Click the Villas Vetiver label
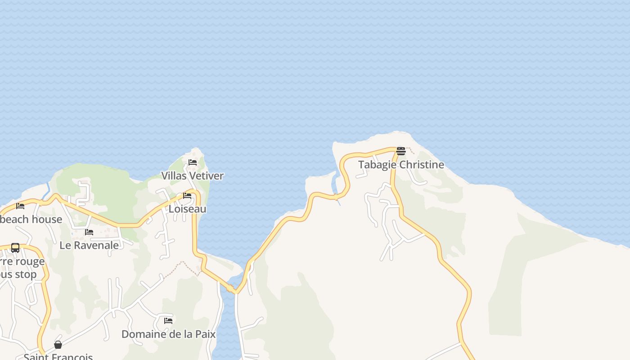click(193, 176)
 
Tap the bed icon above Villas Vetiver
click(193, 162)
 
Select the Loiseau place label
click(187, 209)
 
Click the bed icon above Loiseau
click(187, 196)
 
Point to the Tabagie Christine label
click(401, 165)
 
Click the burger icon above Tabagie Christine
click(401, 151)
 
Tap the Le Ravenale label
click(89, 246)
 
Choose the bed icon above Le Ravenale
click(89, 232)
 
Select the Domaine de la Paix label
click(168, 334)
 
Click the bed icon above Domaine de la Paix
click(168, 321)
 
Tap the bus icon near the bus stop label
click(15, 248)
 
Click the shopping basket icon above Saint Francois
click(58, 345)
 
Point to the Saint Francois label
click(58, 356)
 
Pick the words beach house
click(31, 220)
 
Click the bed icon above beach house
click(20, 206)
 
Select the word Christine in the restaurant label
click(422, 165)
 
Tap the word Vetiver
click(207, 176)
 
